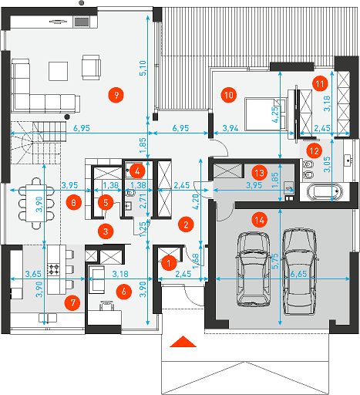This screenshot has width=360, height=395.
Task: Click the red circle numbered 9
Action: pyautogui.click(x=116, y=95)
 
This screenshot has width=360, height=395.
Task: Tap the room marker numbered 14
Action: pyautogui.click(x=260, y=220)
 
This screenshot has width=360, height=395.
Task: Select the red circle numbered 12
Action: pyautogui.click(x=315, y=151)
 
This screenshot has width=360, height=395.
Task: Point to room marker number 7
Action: pyautogui.click(x=73, y=302)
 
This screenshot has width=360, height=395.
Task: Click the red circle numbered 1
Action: pyautogui.click(x=169, y=263)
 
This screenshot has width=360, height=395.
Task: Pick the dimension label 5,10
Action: pyautogui.click(x=143, y=68)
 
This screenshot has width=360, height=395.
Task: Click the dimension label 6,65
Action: pyautogui.click(x=298, y=274)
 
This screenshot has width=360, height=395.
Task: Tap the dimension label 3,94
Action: pyautogui.click(x=230, y=128)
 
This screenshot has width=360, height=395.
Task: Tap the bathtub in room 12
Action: pyautogui.click(x=325, y=192)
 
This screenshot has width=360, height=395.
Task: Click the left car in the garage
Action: pyautogui.click(x=254, y=269)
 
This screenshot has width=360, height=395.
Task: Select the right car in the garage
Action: pyautogui.click(x=301, y=271)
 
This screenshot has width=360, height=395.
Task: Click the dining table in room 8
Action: pyautogui.click(x=36, y=203)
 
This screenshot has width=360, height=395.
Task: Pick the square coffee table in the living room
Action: pyautogui.click(x=59, y=71)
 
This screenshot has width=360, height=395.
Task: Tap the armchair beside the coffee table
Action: pyautogui.click(x=91, y=67)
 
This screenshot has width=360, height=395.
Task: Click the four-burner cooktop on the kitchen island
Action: pyautogui.click(x=54, y=269)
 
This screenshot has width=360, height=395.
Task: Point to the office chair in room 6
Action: pyautogui.click(x=107, y=306)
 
